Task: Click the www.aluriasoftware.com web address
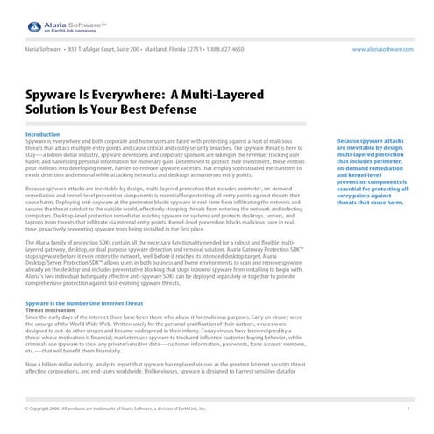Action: pos(382,50)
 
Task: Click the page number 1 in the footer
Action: pos(409,409)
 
